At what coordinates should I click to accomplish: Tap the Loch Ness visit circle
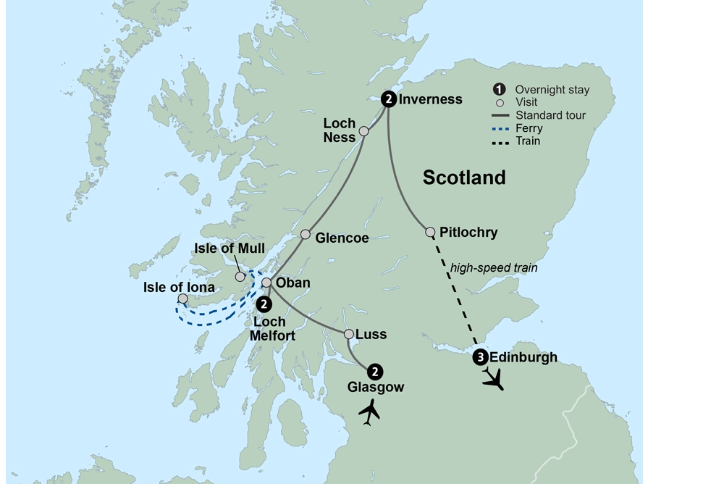364,132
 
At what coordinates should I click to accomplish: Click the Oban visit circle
266,283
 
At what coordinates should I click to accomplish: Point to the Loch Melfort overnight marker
264,304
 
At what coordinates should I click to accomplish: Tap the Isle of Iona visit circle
183,299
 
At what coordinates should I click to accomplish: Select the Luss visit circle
349,334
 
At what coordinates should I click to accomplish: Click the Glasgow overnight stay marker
375,371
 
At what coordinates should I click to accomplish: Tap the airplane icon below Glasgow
370,412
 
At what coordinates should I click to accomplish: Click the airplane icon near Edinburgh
494,378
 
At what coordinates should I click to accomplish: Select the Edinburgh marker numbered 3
480,357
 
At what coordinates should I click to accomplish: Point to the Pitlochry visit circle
430,233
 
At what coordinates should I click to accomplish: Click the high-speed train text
494,268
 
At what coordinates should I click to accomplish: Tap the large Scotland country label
464,178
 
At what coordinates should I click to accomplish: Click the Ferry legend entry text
529,128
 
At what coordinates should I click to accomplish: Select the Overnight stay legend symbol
499,90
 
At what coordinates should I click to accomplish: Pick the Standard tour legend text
551,115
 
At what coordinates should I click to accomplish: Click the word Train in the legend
528,141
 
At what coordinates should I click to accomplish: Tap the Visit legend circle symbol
499,103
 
